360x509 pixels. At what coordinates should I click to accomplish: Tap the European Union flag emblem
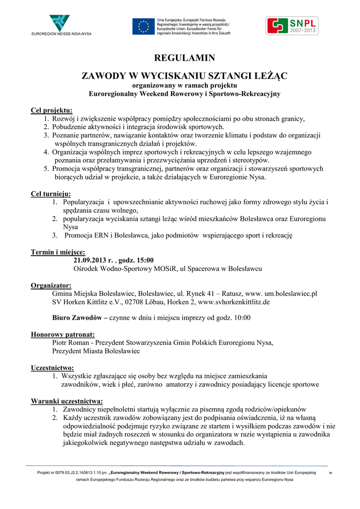pos(143,26)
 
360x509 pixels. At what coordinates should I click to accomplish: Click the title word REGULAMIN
pos(184,58)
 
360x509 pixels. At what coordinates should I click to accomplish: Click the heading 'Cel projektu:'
pos(52,110)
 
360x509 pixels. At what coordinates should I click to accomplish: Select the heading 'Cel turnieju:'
pos(51,193)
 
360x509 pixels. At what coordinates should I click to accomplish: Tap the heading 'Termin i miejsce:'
pos(58,252)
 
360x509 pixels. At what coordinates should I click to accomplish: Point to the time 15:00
pos(144,260)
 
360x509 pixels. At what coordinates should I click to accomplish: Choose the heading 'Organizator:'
pos(51,285)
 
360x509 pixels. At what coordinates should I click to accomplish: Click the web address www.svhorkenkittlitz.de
pos(234,302)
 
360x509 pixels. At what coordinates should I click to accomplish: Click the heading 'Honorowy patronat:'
pos(63,335)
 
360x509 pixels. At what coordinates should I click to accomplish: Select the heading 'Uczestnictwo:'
pos(53,368)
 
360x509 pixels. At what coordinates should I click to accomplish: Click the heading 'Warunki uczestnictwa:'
pos(67,401)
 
